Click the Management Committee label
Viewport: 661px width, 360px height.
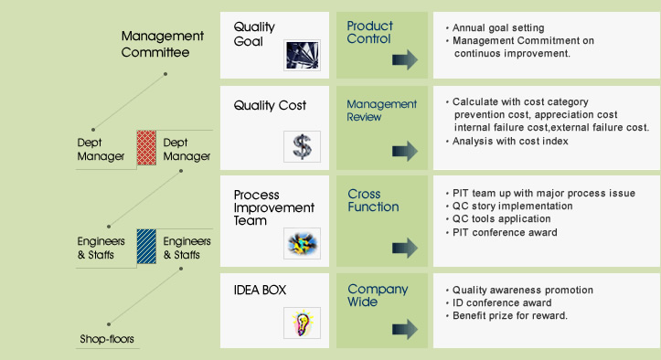[162, 44]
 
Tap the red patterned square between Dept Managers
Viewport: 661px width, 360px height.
[146, 148]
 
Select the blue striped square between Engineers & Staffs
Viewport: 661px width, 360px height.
[146, 246]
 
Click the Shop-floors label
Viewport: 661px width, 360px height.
[106, 340]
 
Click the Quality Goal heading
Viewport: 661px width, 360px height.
[254, 34]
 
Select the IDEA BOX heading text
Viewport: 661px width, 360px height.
[261, 291]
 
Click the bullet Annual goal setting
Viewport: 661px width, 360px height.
[497, 27]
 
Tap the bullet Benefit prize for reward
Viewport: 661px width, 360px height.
[509, 315]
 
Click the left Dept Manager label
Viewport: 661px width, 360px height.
[101, 149]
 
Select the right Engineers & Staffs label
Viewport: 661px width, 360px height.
[187, 248]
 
